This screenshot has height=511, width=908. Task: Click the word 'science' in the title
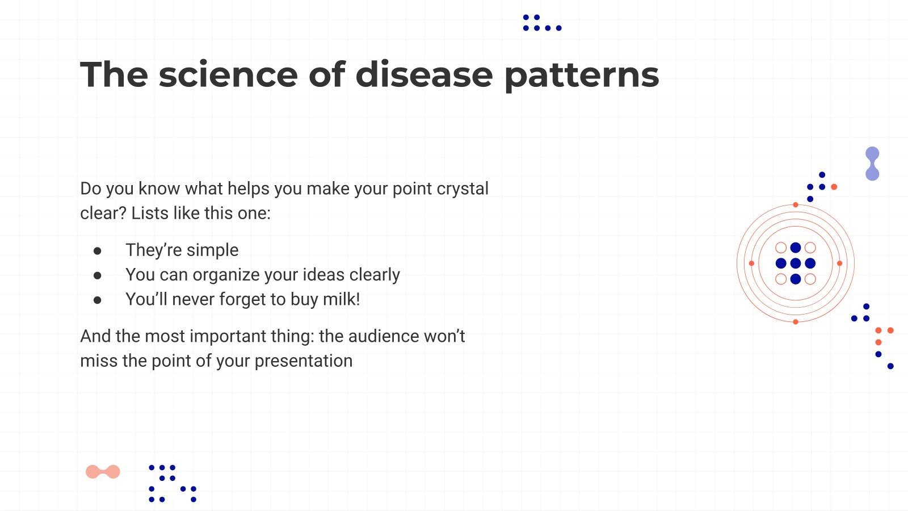(228, 74)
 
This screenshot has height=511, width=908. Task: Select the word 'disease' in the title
(424, 74)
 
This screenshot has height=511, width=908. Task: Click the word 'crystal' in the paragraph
(462, 189)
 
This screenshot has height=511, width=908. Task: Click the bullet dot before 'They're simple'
(98, 250)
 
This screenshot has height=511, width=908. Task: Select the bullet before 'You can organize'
(98, 275)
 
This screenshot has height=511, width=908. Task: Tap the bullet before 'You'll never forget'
(98, 300)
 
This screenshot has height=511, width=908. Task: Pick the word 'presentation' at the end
(303, 361)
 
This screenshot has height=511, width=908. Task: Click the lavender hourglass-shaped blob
(872, 164)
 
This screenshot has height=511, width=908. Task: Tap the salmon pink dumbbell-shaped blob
(103, 472)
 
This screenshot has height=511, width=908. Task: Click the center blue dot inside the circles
(796, 263)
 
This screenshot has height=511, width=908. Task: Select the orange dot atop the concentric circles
(796, 204)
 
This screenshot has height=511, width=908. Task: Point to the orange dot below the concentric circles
(796, 322)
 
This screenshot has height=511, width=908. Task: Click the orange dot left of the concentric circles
(751, 263)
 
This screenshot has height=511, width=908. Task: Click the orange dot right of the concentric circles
(839, 263)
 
